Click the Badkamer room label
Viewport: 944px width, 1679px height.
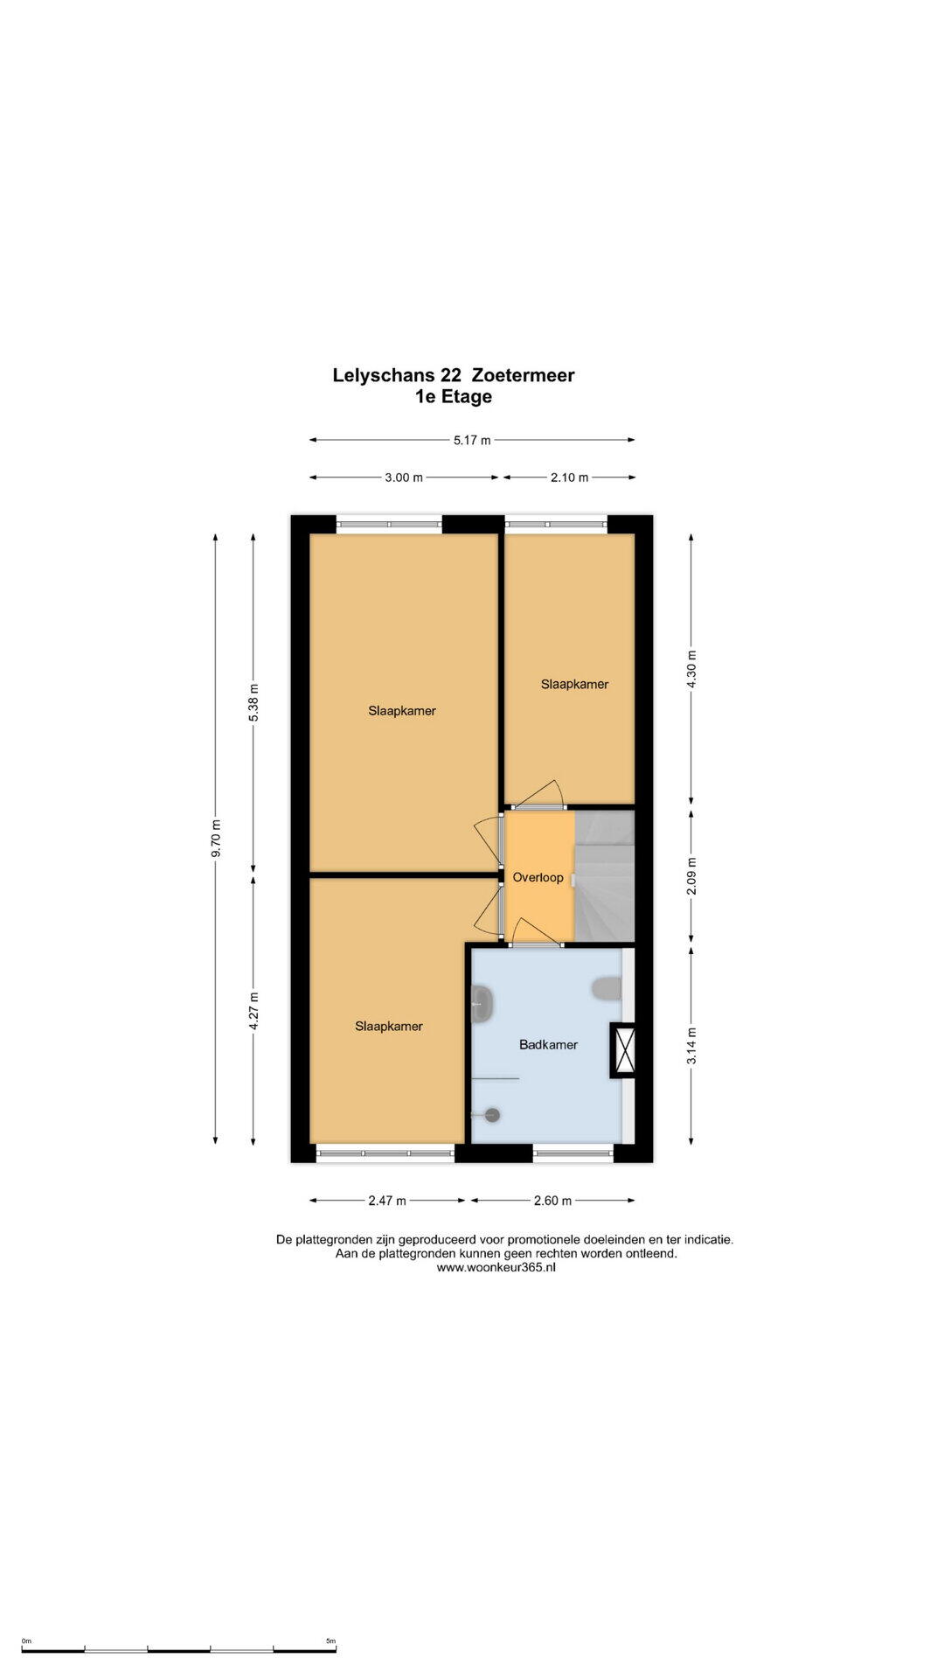click(x=548, y=1044)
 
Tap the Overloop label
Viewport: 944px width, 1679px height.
click(x=538, y=877)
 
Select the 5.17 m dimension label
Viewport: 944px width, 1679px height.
click(x=472, y=440)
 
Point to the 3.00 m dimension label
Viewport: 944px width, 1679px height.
click(x=404, y=477)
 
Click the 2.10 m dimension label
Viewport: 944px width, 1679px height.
click(x=569, y=477)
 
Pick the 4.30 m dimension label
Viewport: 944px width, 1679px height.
click(x=691, y=669)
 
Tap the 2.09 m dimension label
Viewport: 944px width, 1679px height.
click(x=691, y=877)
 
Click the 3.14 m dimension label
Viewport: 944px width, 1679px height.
click(x=691, y=1046)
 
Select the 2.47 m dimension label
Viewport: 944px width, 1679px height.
click(x=387, y=1201)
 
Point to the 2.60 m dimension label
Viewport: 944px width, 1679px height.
click(x=552, y=1201)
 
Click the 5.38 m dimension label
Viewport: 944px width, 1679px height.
click(x=253, y=702)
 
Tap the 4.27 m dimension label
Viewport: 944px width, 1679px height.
click(x=253, y=1011)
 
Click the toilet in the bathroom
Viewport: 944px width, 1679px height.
click(x=607, y=988)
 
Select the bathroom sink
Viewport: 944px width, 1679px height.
click(x=482, y=1005)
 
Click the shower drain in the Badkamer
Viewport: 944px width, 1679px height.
click(x=492, y=1115)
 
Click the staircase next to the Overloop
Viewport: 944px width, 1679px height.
click(x=604, y=876)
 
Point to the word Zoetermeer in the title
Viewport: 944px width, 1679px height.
click(x=523, y=375)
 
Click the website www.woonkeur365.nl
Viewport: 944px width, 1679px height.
click(x=496, y=1267)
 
